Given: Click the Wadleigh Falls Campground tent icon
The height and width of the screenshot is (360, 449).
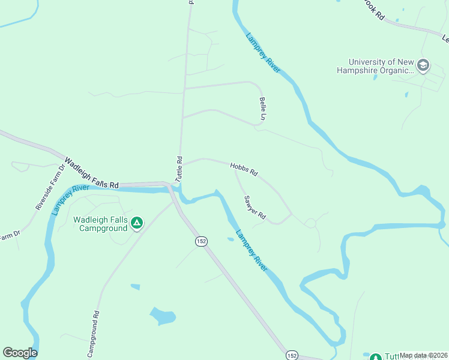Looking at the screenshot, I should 137,224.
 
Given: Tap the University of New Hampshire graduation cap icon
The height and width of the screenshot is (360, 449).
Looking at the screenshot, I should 423,65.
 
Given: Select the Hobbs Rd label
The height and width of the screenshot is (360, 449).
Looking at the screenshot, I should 244,169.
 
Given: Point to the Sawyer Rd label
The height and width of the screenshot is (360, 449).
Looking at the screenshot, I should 255,208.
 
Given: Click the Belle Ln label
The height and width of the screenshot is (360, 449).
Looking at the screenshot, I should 262,109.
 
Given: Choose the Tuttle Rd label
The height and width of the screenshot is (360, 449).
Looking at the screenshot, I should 178,169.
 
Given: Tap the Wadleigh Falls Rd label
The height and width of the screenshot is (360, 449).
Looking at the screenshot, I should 92,173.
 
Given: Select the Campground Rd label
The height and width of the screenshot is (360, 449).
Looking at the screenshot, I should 92,334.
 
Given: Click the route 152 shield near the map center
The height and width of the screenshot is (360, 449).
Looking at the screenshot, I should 201,241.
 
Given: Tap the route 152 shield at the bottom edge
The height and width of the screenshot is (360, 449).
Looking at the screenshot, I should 292,355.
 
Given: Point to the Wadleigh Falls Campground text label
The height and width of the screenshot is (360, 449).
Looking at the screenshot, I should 101,224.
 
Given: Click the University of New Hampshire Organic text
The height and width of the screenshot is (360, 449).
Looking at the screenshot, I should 381,66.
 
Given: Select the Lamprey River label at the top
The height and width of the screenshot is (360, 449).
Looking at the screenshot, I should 263,52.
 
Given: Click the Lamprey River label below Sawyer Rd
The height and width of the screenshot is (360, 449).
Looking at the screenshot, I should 252,250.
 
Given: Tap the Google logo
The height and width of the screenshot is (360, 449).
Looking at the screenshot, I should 20,353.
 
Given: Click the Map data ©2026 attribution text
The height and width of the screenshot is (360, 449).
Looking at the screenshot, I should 423,355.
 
